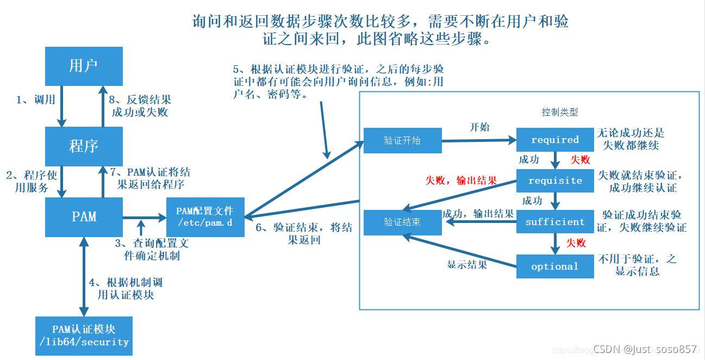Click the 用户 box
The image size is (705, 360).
pyautogui.click(x=84, y=66)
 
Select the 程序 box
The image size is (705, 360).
pyautogui.click(x=84, y=146)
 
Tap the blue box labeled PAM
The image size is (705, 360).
pyautogui.click(x=84, y=216)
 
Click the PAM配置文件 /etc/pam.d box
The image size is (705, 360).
pyautogui.click(x=204, y=216)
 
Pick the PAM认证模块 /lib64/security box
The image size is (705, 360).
pyautogui.click(x=84, y=336)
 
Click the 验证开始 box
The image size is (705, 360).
pyautogui.click(x=402, y=140)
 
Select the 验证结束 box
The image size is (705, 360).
pyautogui.click(x=402, y=222)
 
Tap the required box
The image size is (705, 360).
pyautogui.click(x=555, y=140)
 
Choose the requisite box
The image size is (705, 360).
pyautogui.click(x=555, y=181)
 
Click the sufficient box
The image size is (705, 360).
pyautogui.click(x=555, y=222)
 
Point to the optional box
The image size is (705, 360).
pyautogui.click(x=555, y=266)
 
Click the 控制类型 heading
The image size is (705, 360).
pyautogui.click(x=560, y=112)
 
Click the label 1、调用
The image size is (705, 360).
pyautogui.click(x=36, y=100)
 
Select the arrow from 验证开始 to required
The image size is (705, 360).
pyautogui.click(x=478, y=140)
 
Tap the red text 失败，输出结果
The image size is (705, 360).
pyautogui.click(x=461, y=181)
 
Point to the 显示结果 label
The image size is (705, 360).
pyautogui.click(x=467, y=265)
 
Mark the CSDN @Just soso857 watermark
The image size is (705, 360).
pyautogui.click(x=645, y=349)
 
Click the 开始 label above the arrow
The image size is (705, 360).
pyautogui.click(x=479, y=127)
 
